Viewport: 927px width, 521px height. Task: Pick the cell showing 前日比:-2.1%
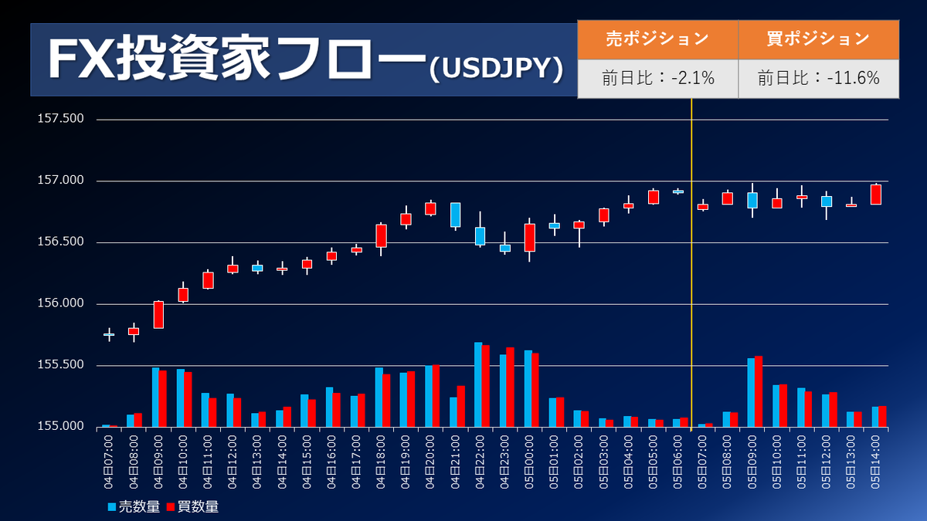click(x=657, y=78)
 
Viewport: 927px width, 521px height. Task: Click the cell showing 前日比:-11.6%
click(x=818, y=78)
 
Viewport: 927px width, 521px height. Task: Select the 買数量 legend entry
click(x=192, y=507)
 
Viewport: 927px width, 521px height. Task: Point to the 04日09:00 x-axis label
click(x=158, y=462)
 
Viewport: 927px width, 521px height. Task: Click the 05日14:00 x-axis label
click(x=876, y=462)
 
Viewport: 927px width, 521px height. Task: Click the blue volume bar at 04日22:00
click(x=478, y=384)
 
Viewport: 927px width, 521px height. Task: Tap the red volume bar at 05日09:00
click(x=759, y=391)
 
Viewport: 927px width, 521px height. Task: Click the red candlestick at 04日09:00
click(x=158, y=315)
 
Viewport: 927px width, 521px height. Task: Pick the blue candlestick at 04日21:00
click(x=456, y=215)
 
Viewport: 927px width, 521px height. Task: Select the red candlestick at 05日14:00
click(x=876, y=195)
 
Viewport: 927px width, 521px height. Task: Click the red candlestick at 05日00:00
click(x=530, y=237)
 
